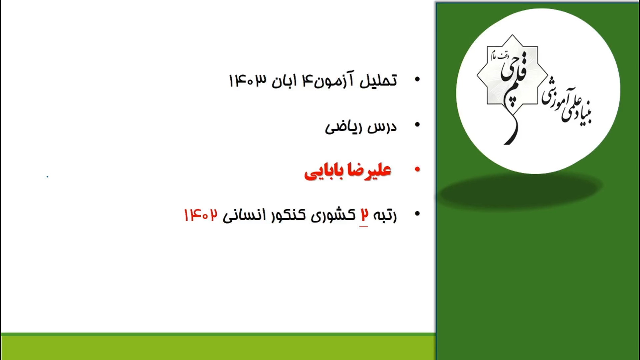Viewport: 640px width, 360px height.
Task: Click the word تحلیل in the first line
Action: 378,80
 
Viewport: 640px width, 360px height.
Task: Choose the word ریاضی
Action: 344,128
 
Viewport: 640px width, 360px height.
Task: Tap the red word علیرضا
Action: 369,170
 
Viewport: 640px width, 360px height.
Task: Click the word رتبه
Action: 385,215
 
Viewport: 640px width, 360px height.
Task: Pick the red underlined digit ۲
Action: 364,215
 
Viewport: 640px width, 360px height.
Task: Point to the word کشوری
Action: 333,215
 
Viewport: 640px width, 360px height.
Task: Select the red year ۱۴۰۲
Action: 201,215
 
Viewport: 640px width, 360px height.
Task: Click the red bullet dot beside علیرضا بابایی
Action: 417,169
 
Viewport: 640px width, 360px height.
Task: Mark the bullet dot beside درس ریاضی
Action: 417,125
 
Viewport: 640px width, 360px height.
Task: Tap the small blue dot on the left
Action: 47,177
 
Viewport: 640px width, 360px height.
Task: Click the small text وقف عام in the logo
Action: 499,56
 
